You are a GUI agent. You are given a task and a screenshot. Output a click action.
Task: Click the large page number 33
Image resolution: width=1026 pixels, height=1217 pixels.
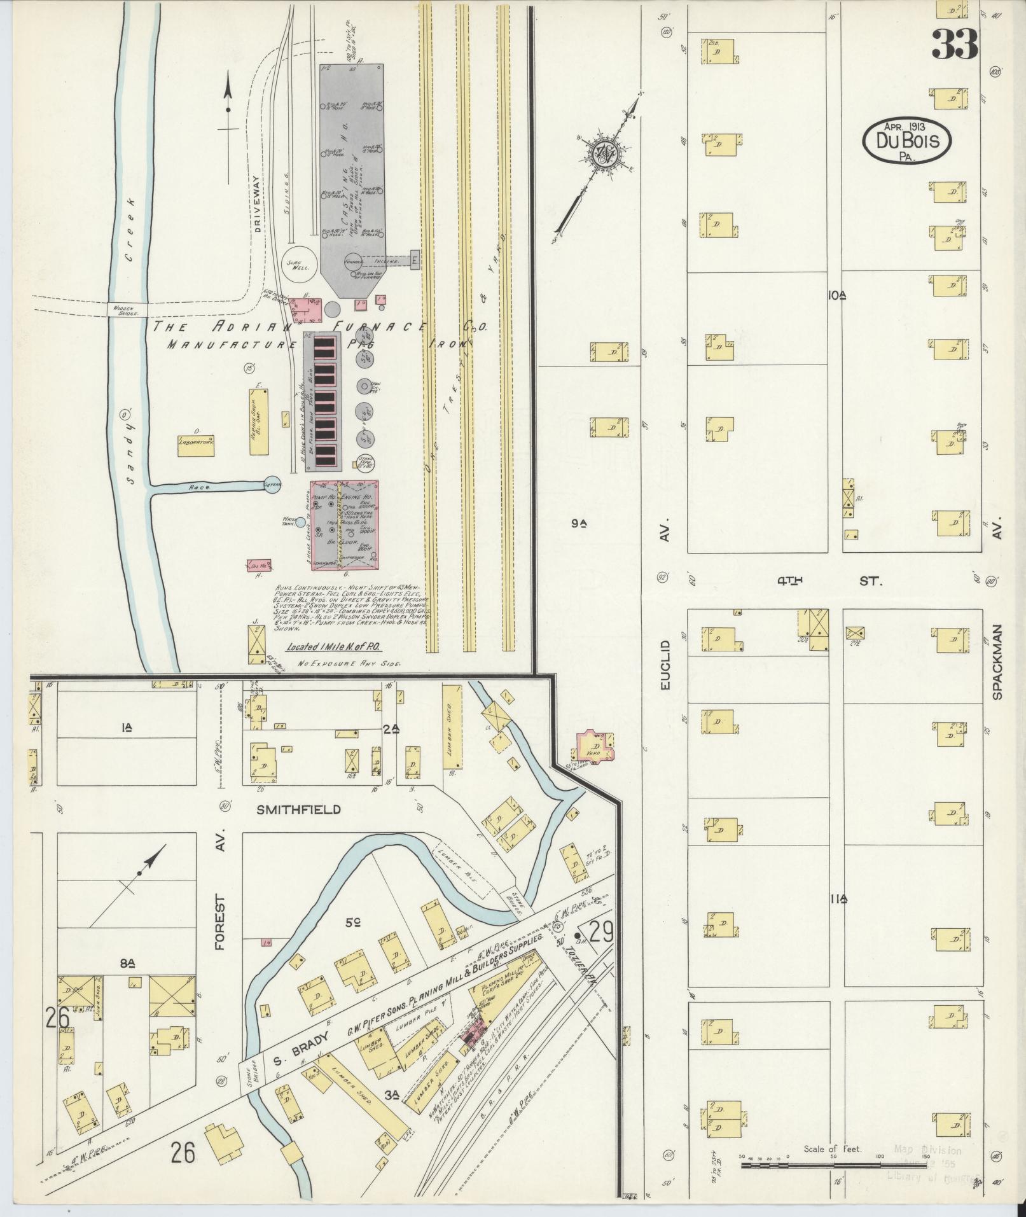click(x=955, y=44)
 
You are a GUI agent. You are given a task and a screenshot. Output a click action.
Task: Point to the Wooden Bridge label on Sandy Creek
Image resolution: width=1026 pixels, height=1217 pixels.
click(x=127, y=310)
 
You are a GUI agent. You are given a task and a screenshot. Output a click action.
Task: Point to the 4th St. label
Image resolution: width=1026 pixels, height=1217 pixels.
click(x=828, y=581)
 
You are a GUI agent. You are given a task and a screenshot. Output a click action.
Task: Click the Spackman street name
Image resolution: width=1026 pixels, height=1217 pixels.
click(x=997, y=662)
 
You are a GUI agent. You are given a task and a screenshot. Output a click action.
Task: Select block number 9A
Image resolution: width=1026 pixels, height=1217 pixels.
click(x=578, y=524)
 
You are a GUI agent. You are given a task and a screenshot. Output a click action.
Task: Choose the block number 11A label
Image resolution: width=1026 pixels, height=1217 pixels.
click(x=838, y=899)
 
